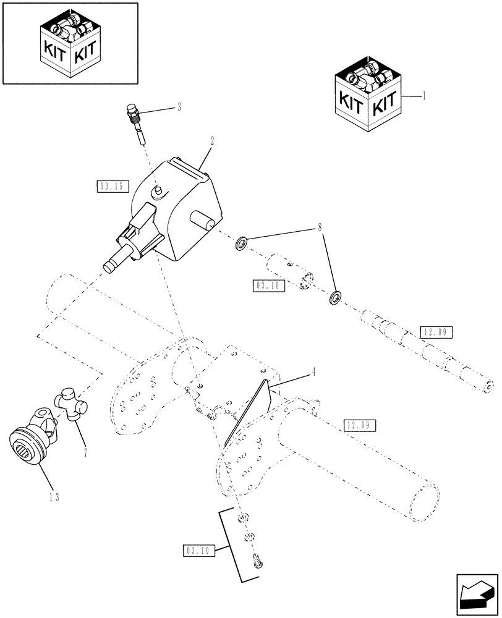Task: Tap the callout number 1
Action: [423, 97]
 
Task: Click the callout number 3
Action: [179, 107]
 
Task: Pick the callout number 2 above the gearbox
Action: [212, 140]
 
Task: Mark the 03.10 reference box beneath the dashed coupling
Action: [268, 286]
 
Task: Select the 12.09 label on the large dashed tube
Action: [360, 425]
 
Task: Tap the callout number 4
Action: [314, 372]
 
